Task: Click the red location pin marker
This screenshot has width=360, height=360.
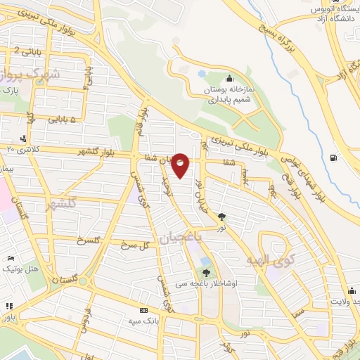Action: tap(181, 165)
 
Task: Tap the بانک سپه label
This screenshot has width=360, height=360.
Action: tap(143, 321)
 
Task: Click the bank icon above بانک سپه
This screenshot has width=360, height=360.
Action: tap(143, 310)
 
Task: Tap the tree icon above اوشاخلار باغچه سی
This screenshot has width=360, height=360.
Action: tap(206, 273)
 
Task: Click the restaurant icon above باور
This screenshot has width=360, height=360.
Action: tap(8, 307)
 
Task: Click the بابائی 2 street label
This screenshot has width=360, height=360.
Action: tap(25, 50)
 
